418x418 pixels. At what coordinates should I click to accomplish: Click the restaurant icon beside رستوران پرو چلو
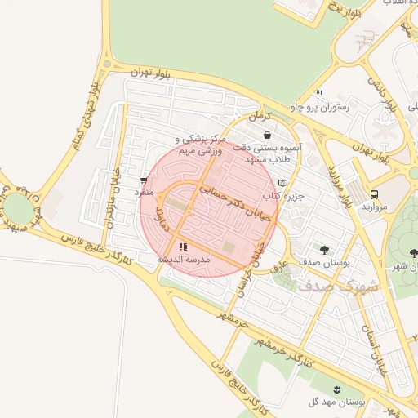coord(319,94)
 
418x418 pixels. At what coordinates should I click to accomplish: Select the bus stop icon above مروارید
coord(374,194)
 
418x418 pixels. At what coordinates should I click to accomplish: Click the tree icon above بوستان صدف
coord(325,249)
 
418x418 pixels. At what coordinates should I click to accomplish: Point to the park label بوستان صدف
coord(324,263)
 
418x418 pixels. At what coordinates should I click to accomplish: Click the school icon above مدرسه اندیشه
coord(183,246)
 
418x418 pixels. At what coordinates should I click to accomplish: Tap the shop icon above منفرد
coord(144,180)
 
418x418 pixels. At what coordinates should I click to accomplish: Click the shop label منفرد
coord(144,192)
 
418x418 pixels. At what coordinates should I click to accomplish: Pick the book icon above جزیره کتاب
coord(282,183)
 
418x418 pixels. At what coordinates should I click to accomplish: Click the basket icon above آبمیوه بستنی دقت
coord(267,136)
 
